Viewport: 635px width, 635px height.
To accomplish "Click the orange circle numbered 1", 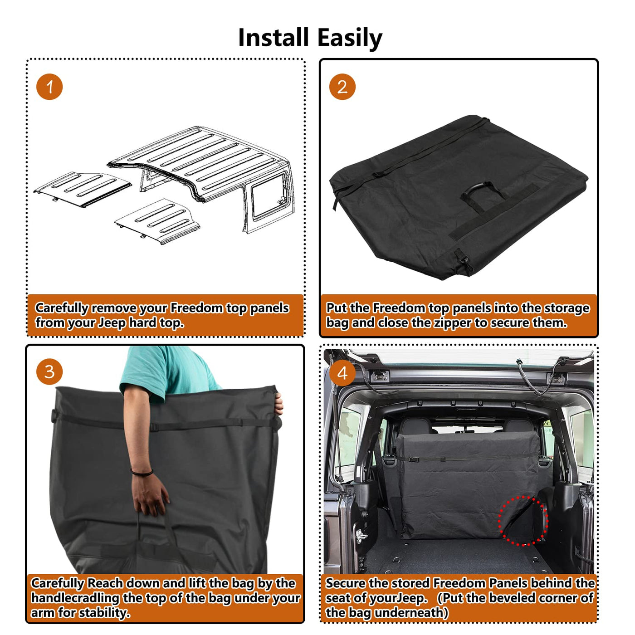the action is tap(49, 87).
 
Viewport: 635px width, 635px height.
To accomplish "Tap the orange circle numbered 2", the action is tap(342, 87).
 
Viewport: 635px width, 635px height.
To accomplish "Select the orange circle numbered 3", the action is tap(49, 372).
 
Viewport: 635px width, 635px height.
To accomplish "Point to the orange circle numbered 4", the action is tap(342, 373).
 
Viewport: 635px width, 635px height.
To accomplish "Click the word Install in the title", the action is tap(274, 37).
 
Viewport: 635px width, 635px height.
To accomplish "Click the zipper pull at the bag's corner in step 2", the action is tap(466, 262).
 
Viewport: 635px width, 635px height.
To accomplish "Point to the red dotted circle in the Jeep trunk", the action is tap(523, 519).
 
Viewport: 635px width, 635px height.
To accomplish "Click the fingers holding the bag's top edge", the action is tap(279, 403).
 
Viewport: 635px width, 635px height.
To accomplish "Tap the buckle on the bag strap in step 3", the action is tap(154, 427).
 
